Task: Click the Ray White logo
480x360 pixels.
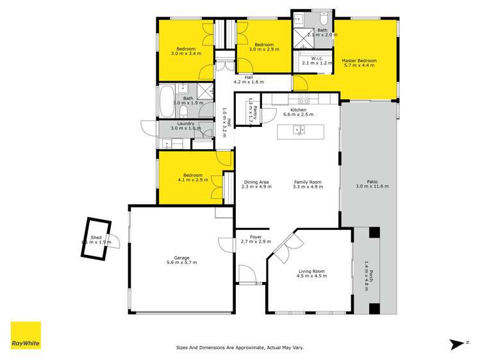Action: pos(26,336)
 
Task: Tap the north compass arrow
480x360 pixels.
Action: pos(456,344)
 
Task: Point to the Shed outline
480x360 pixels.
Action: pos(96,238)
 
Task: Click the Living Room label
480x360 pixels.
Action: pos(312,272)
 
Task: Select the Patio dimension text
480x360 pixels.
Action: pos(372,186)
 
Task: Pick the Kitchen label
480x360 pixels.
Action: pos(299,110)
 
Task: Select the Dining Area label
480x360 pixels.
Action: pos(256,182)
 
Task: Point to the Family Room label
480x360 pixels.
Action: pos(308,182)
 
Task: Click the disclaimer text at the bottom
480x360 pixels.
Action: pos(240,348)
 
